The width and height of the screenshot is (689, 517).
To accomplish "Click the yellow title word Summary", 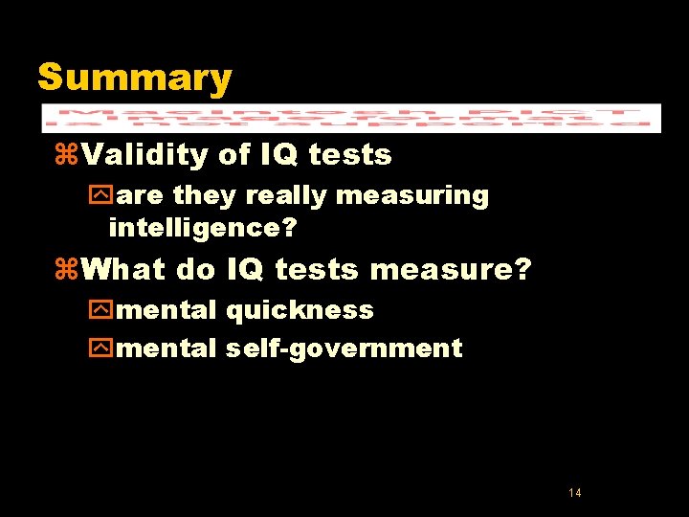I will click(x=134, y=78).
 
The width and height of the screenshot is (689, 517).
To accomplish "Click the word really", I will click(x=279, y=196).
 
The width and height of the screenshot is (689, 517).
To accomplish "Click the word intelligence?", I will click(x=202, y=228).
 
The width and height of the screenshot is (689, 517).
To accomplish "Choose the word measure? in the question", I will click(x=450, y=270).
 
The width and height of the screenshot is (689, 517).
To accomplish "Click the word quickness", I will click(x=300, y=311).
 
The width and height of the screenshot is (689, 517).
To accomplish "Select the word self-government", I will click(x=344, y=348).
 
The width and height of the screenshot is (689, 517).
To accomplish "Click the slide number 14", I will click(x=574, y=493).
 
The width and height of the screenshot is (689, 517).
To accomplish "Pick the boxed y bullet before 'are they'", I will click(x=98, y=196).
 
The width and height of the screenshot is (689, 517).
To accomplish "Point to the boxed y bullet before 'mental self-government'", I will click(x=98, y=348).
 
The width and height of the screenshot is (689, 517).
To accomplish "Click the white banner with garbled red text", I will click(x=350, y=118).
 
